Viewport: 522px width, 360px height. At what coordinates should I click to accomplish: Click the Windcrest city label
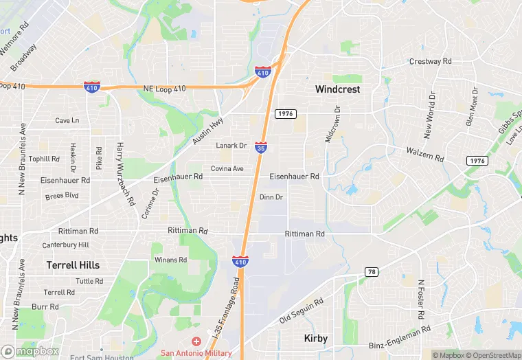click(337, 89)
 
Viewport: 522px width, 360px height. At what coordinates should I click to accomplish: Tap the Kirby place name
click(315, 338)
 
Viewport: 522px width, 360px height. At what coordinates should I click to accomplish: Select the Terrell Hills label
click(73, 265)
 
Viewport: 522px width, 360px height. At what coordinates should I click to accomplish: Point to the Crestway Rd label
click(430, 61)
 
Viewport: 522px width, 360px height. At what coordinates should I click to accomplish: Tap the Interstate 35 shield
click(260, 147)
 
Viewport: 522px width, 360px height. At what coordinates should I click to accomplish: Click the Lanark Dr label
click(231, 146)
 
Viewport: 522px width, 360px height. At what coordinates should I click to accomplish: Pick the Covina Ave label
click(227, 168)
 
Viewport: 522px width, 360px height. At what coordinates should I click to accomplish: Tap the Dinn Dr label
click(271, 197)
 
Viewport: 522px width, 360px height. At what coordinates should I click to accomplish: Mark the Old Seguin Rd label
click(301, 313)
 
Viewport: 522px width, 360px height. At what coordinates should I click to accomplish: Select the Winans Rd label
click(170, 260)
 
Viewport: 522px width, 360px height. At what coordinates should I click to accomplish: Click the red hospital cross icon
click(196, 341)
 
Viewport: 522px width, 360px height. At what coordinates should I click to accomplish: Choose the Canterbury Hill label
click(65, 245)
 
